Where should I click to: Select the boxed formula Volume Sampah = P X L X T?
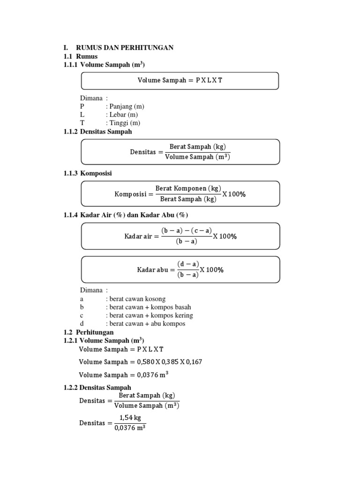pyautogui.click(x=180, y=80)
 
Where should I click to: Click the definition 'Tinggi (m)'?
pyautogui.click(x=123, y=123)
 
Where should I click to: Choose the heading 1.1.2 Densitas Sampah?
pyautogui.click(x=97, y=132)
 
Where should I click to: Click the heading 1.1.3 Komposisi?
pyautogui.click(x=88, y=173)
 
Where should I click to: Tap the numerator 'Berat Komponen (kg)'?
pyautogui.click(x=188, y=188)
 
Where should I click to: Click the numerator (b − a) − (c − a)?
pyautogui.click(x=187, y=231)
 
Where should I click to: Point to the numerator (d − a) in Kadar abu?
pyautogui.click(x=188, y=264)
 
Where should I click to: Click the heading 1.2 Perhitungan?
pyautogui.click(x=88, y=332)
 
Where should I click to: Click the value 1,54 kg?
pyautogui.click(x=129, y=418)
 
